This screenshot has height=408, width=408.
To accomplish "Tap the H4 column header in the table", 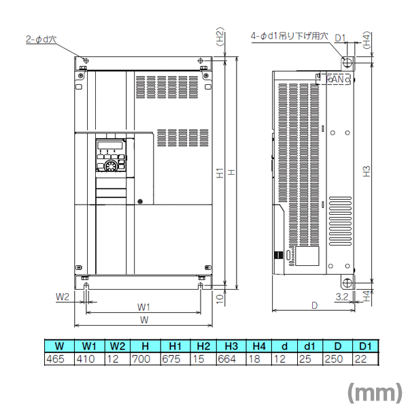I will pyautogui.click(x=258, y=346).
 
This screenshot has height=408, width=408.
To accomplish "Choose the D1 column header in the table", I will pyautogui.click(x=364, y=346).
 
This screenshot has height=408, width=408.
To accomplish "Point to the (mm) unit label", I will pyautogui.click(x=375, y=392).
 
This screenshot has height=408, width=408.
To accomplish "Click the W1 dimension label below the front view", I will pyautogui.click(x=143, y=306).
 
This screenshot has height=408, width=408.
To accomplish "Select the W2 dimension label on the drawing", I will pyautogui.click(x=63, y=297).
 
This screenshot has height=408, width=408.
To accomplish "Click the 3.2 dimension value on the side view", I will pyautogui.click(x=342, y=297).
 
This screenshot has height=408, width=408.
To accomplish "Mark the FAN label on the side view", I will pyautogui.click(x=337, y=80).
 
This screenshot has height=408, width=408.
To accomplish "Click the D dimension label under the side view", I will pyautogui.click(x=314, y=306).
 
